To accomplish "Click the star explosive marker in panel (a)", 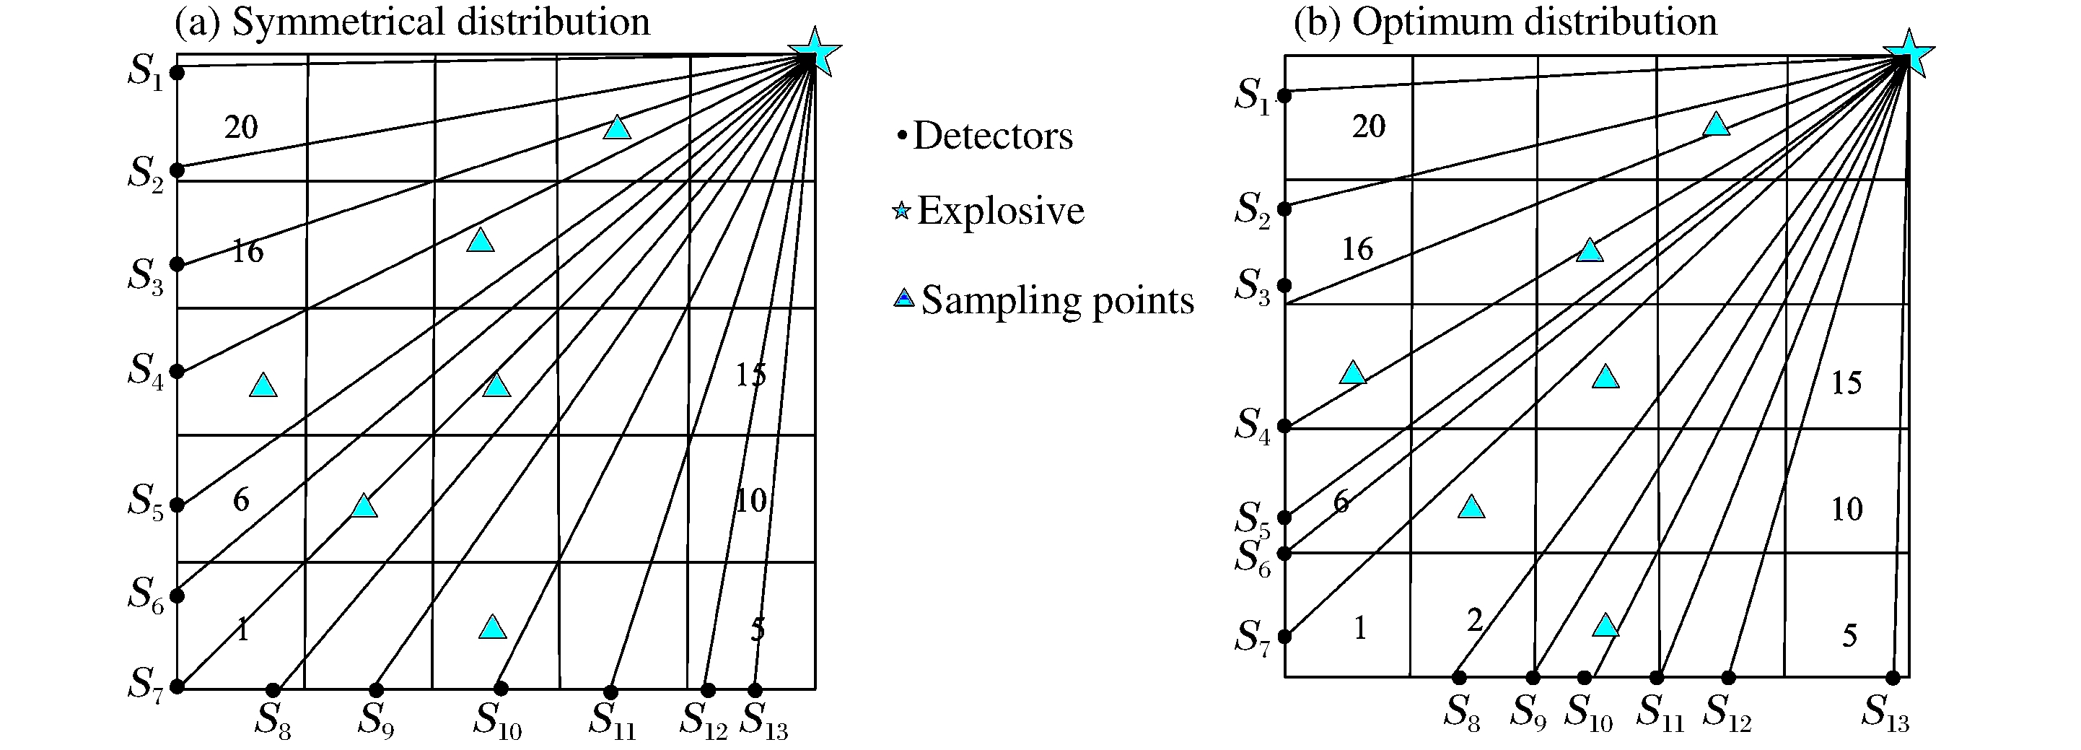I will pyautogui.click(x=815, y=52).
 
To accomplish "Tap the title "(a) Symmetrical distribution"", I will pyautogui.click(x=412, y=22).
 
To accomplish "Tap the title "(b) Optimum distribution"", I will pyautogui.click(x=1505, y=22).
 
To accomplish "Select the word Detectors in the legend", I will pyautogui.click(x=993, y=136).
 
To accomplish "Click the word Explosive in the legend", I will pyautogui.click(x=1000, y=211).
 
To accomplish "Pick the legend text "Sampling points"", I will pyautogui.click(x=1056, y=300).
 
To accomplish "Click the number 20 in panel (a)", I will pyautogui.click(x=241, y=127).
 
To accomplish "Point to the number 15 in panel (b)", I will pyautogui.click(x=1846, y=383).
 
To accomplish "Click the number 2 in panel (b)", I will pyautogui.click(x=1475, y=620).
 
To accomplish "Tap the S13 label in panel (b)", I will pyautogui.click(x=1885, y=714).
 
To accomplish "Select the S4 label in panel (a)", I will pyautogui.click(x=146, y=371).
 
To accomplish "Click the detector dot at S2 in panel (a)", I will pyautogui.click(x=178, y=170).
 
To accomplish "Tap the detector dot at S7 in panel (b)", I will pyautogui.click(x=1284, y=636).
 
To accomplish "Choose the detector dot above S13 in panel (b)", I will pyautogui.click(x=1893, y=677).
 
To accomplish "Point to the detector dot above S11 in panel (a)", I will pyautogui.click(x=610, y=692).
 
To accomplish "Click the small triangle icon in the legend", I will pyautogui.click(x=903, y=298).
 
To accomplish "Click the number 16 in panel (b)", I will pyautogui.click(x=1357, y=249).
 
